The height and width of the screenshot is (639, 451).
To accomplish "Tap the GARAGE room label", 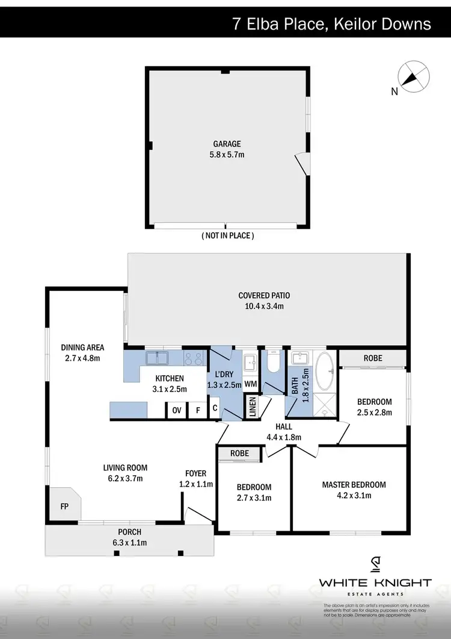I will [227, 144].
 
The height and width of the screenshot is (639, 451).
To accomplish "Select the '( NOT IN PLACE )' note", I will [227, 236].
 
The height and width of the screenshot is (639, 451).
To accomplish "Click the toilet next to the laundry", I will [272, 363].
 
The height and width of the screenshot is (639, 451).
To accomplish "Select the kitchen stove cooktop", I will [194, 359].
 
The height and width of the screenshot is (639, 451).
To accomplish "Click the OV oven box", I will [177, 410].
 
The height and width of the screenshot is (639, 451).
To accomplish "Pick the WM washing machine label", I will [250, 384].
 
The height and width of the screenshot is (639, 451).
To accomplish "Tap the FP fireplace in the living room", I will [64, 507].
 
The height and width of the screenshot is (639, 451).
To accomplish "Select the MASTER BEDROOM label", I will [354, 485].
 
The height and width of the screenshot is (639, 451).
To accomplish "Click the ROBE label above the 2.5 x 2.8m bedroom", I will [372, 358].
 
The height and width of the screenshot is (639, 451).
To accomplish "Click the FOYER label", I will [196, 473].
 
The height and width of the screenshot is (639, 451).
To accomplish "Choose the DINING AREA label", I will [83, 348].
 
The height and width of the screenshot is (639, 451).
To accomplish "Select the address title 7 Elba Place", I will [331, 23].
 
